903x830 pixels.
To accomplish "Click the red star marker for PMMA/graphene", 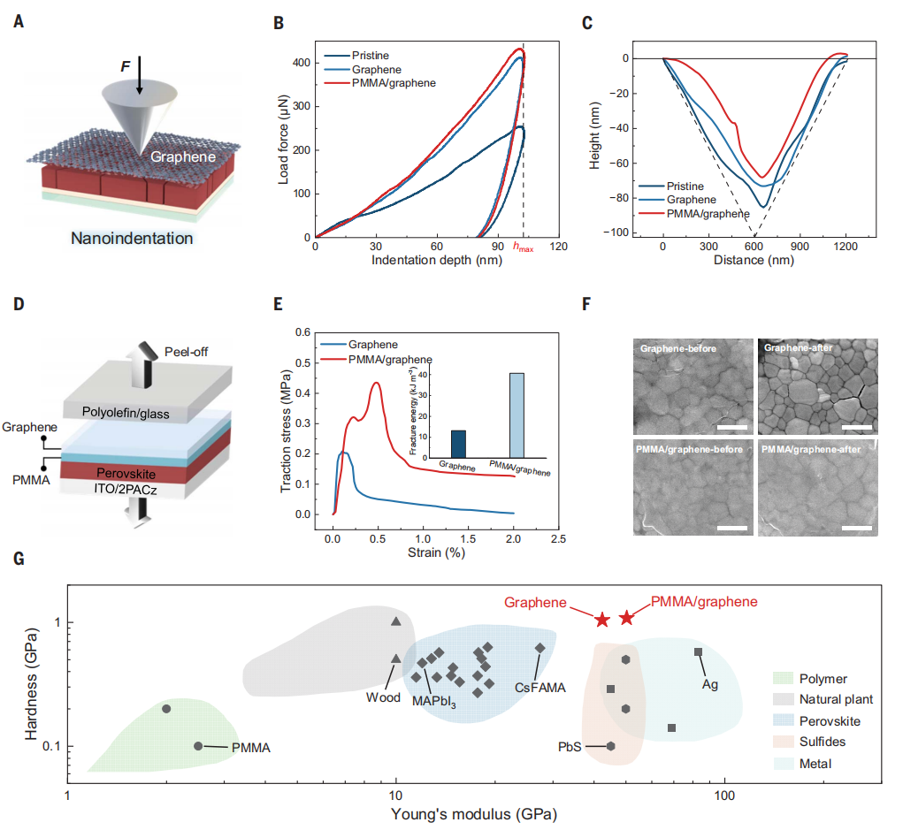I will click(626, 617).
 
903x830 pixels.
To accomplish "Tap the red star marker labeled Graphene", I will click(602, 620).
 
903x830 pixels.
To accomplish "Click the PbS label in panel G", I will click(570, 746).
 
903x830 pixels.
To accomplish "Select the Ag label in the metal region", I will click(709, 684).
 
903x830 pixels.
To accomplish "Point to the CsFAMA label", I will click(540, 686).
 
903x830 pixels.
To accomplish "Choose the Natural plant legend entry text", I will click(836, 699).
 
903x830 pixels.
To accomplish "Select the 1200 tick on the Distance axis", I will click(846, 248).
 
